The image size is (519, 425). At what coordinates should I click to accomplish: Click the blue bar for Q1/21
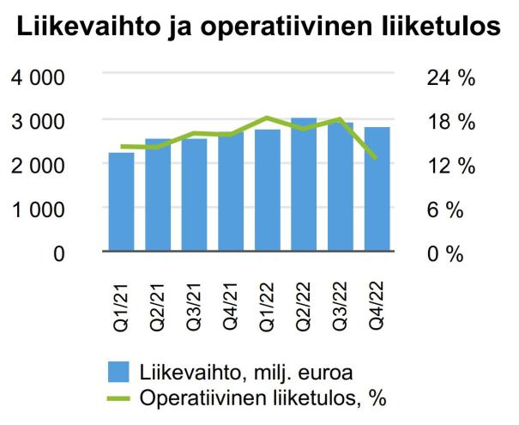coord(121,203)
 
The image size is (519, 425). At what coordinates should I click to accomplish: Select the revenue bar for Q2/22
coord(304,185)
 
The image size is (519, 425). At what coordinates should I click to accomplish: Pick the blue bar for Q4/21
coord(231,193)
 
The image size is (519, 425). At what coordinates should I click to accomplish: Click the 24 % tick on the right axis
coord(450,78)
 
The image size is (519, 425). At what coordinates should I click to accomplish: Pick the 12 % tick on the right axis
coord(450,166)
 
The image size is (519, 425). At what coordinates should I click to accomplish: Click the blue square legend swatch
coord(119,372)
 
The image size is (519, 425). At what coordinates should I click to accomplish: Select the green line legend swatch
coord(119,398)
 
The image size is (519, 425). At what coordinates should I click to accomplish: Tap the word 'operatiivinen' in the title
coord(288,29)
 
